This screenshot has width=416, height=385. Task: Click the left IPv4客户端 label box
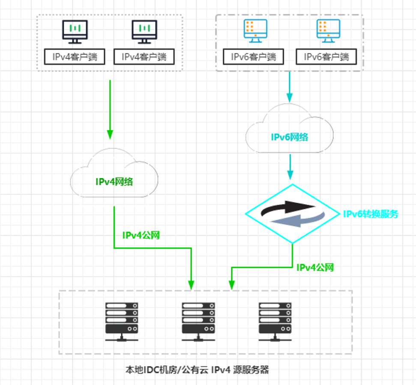tap(75, 56)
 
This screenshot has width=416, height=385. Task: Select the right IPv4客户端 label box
tap(144, 56)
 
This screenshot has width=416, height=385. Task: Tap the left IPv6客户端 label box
tap(254, 57)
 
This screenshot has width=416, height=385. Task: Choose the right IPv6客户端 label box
tap(326, 57)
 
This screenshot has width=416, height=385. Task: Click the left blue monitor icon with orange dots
tap(255, 31)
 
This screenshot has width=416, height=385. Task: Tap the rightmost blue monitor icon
tap(328, 31)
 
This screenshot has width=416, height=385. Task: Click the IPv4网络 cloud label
tap(114, 181)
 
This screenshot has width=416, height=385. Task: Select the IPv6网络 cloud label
tap(290, 137)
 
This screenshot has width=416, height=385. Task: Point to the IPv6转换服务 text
tap(371, 214)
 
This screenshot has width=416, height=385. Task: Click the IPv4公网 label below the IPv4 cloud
tap(141, 235)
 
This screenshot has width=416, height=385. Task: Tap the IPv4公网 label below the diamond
tap(315, 268)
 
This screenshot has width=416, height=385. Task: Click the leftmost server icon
tap(122, 321)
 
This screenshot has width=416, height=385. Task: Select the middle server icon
tap(198, 321)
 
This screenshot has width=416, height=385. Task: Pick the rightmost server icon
tap(275, 321)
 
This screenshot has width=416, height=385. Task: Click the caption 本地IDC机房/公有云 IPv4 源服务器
tap(197, 370)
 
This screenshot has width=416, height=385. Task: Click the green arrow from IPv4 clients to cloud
tap(110, 109)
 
